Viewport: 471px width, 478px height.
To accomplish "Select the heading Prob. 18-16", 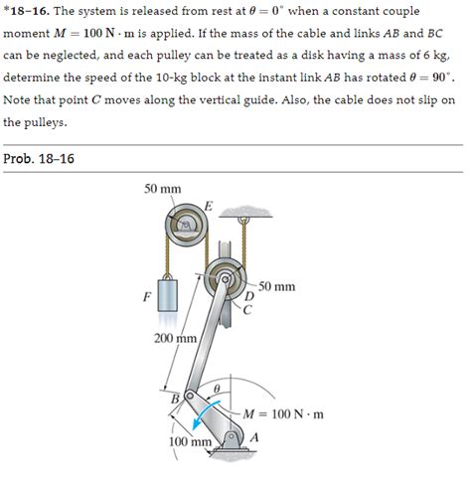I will tap(40, 159).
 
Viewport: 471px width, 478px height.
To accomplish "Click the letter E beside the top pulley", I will tap(207, 206).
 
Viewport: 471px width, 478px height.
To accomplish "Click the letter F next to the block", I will tap(146, 295).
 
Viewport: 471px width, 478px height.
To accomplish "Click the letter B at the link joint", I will tap(176, 398).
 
